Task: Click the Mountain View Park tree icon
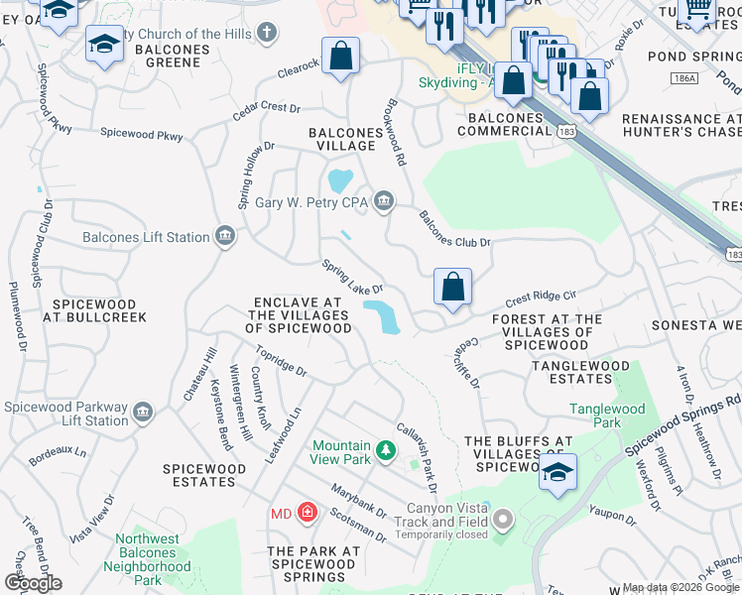385,452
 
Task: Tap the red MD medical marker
308,514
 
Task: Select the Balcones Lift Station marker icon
225,236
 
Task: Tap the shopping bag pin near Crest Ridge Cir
452,288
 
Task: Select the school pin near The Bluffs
558,472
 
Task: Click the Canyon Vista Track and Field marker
504,519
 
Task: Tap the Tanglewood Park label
607,416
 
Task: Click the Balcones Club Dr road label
454,229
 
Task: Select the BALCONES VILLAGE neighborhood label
341,139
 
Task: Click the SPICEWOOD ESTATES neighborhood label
199,475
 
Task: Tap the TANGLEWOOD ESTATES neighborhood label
579,373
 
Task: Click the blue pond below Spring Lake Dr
381,317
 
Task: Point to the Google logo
32,583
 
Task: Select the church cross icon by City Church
266,33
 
